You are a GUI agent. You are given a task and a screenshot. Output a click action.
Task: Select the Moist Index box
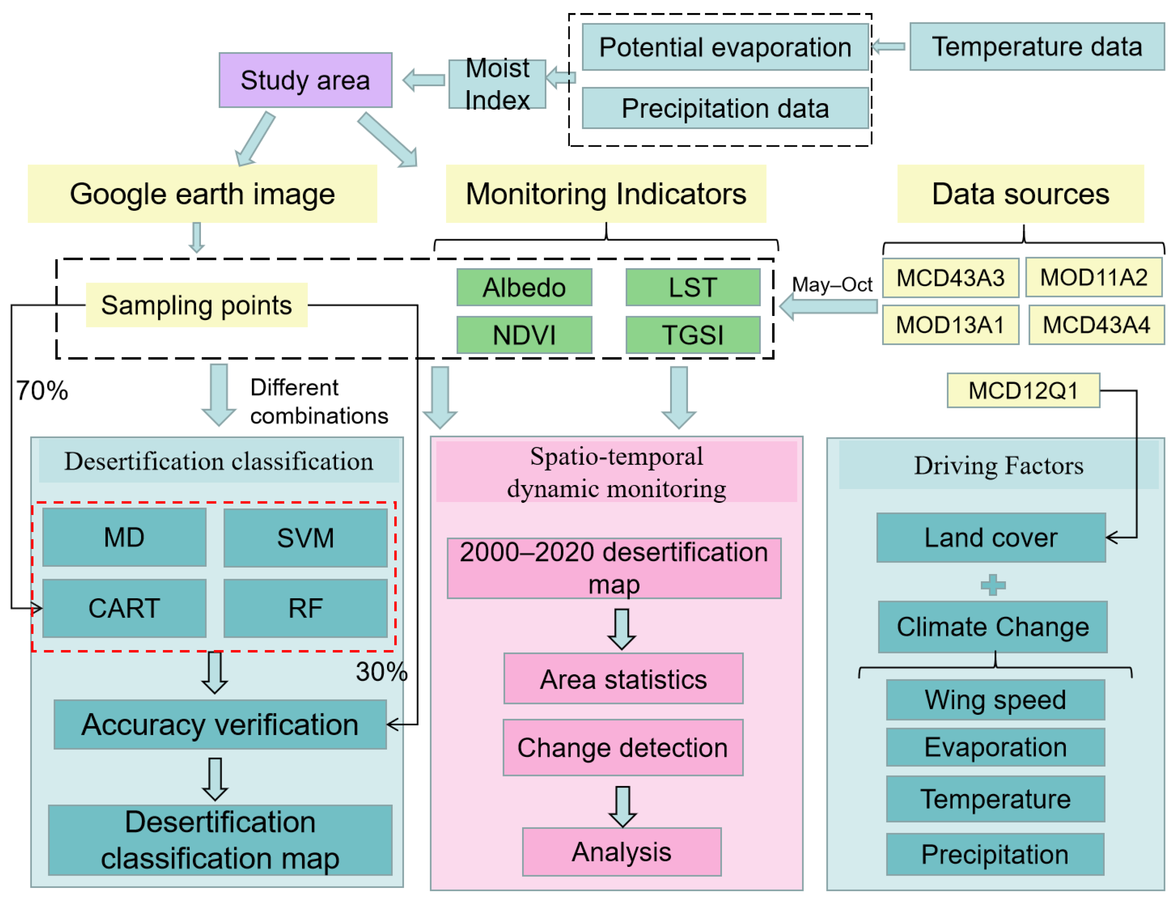497,84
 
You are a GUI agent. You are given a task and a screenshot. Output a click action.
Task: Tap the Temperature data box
1036,47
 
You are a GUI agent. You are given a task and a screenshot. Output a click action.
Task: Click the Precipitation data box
724,109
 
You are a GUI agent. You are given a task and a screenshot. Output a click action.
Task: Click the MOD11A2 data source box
1093,278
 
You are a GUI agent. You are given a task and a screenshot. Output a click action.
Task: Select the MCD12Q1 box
1022,390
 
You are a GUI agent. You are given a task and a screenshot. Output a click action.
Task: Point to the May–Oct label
831,284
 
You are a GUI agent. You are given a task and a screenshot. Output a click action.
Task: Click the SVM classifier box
305,538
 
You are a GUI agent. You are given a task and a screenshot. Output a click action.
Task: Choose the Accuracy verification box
220,724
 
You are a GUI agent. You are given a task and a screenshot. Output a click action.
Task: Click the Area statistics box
623,679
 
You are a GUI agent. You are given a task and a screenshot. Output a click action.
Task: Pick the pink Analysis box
621,852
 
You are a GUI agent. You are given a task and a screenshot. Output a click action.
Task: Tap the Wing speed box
995,700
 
